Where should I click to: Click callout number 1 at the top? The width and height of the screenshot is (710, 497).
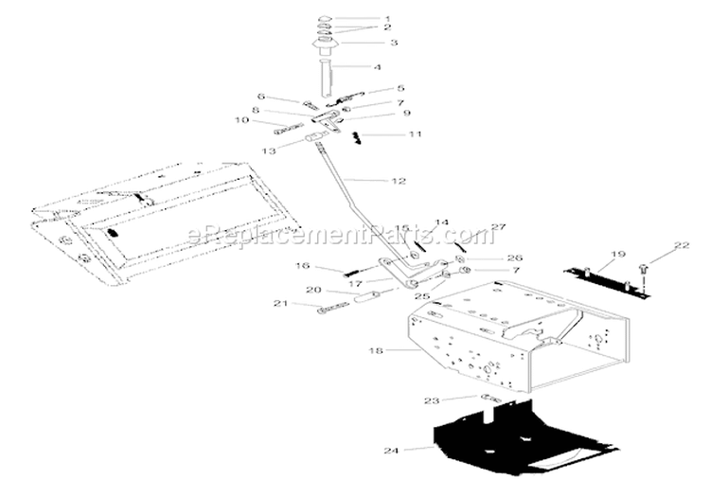pos(387,19)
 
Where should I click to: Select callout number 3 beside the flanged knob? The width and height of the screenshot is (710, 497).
pos(394,43)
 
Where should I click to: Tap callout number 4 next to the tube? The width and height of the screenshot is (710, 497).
pos(377,67)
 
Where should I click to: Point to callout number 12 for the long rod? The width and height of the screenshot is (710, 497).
pos(399,181)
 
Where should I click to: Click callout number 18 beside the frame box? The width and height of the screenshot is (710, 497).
pos(376,351)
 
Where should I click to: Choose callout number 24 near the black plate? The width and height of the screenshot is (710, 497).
pos(391,451)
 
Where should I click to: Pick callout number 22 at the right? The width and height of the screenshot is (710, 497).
pos(682,245)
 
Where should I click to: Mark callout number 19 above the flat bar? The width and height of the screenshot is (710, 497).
pos(617,254)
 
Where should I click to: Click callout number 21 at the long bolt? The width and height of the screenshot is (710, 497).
pos(281,303)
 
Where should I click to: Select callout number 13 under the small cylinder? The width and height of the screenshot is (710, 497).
pos(270,151)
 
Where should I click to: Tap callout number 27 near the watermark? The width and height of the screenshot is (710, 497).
pos(498,227)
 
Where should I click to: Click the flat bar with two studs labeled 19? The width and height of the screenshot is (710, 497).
pos(607,283)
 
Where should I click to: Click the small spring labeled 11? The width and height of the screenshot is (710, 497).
pos(357,137)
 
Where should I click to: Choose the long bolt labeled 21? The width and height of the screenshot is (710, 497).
pos(334,308)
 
